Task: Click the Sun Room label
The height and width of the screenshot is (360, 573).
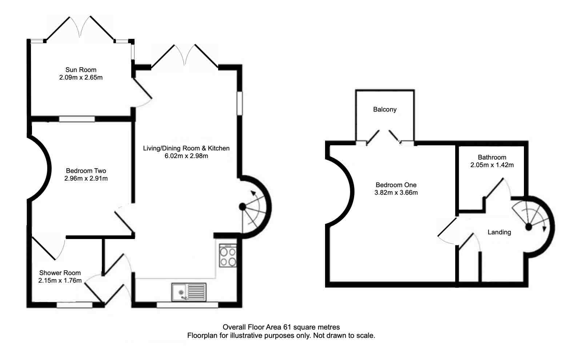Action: (x=81, y=70)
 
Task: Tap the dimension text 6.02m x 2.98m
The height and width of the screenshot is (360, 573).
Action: (x=186, y=156)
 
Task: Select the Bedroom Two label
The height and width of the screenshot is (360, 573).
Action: (x=86, y=171)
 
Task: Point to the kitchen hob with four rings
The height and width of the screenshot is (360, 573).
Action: (x=228, y=256)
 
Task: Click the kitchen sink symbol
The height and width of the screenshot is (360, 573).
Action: (x=189, y=292)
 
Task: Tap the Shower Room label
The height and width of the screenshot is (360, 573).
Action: (x=60, y=273)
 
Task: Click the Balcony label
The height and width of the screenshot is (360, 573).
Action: (x=385, y=109)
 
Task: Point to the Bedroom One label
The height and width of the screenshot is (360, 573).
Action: (x=396, y=185)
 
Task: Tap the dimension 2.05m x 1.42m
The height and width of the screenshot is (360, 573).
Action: (x=492, y=165)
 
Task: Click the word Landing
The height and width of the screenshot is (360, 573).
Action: (x=499, y=232)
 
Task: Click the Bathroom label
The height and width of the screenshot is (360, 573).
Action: (x=492, y=157)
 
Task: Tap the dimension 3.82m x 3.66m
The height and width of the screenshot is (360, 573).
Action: (x=396, y=193)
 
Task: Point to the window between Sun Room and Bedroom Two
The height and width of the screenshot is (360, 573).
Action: (x=77, y=119)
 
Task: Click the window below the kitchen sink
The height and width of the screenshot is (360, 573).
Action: (x=187, y=305)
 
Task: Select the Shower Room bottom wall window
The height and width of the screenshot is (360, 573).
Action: (x=74, y=305)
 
